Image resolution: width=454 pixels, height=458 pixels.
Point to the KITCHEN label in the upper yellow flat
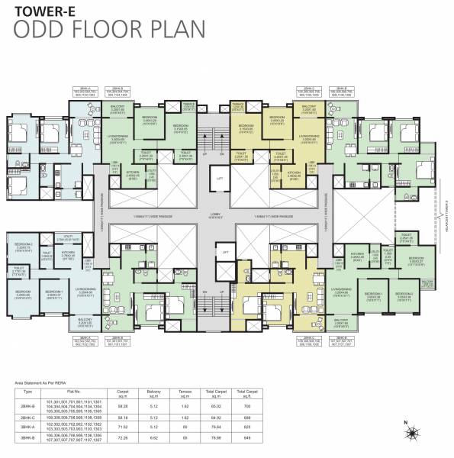click(293, 173)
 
